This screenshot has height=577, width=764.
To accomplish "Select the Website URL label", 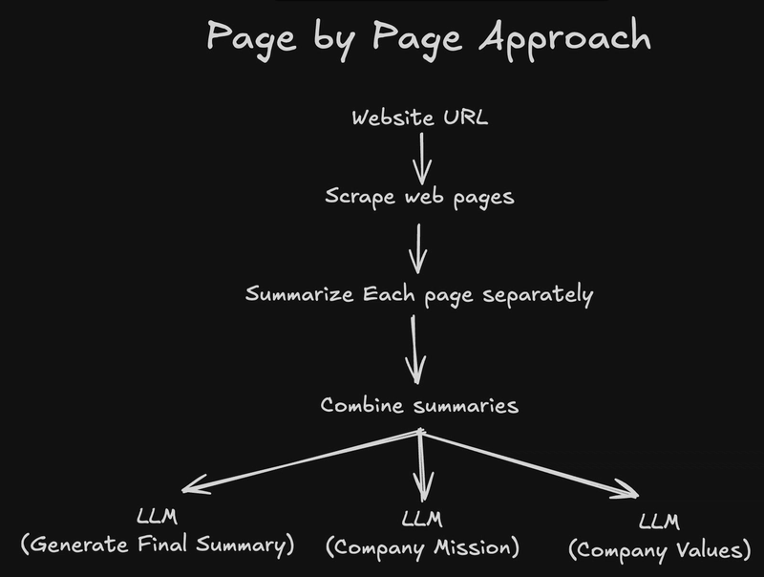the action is pos(419,118).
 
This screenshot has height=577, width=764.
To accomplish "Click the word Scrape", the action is pos(360,198).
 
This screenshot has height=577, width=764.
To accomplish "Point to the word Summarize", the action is pos(299,294).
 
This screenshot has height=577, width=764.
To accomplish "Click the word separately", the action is pos(538,295).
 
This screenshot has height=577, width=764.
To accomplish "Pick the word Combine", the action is pos(362,405).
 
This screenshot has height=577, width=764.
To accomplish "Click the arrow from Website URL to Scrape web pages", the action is pos(422,159).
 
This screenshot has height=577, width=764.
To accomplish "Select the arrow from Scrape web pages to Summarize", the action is pos(418,248).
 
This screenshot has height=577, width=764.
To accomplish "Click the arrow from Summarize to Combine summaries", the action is pos(414,350).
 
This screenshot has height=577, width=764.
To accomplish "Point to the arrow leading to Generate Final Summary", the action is pos(301,461).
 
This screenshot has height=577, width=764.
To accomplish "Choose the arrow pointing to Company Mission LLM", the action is pos(422,465).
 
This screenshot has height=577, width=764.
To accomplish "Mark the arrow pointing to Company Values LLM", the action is pos(530,464).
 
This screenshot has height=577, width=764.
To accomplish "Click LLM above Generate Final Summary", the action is pos(157,517).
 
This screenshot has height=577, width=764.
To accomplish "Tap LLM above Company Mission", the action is pos(422,520).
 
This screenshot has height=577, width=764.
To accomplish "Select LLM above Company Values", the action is pos(659,522).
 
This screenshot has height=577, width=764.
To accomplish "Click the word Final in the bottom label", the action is pos(162,544).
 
